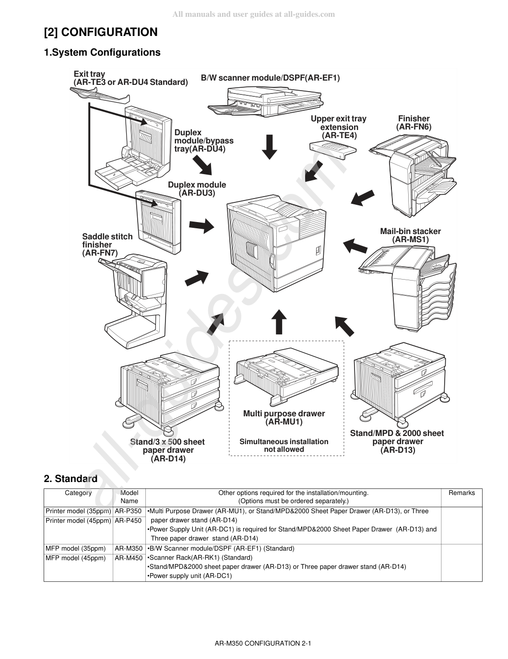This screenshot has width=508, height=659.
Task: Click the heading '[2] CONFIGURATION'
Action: tap(101, 32)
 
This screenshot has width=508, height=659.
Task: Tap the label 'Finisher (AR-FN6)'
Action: tap(413, 122)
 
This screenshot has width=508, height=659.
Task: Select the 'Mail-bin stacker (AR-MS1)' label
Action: tap(410, 235)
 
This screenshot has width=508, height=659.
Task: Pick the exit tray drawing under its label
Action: tap(100, 94)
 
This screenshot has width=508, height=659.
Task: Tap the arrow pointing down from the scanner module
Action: tap(269, 147)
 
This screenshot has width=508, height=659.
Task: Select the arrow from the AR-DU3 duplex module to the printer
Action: tap(201, 225)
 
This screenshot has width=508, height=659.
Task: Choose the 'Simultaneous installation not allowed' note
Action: tap(284, 445)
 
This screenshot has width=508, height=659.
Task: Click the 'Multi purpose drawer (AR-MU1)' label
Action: tap(284, 418)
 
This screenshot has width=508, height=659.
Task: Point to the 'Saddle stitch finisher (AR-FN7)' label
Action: tap(107, 245)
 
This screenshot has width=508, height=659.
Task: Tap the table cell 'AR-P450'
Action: tap(128, 520)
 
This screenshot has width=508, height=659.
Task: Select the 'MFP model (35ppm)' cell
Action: tap(75, 548)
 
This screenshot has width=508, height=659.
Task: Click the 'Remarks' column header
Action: tap(461, 493)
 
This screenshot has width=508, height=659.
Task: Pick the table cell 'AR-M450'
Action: tap(129, 558)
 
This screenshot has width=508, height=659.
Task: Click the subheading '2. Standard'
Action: tap(71, 479)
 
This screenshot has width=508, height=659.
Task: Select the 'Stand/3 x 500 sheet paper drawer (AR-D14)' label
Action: tap(168, 450)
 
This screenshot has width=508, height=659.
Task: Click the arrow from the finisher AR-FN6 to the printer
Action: tap(363, 198)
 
